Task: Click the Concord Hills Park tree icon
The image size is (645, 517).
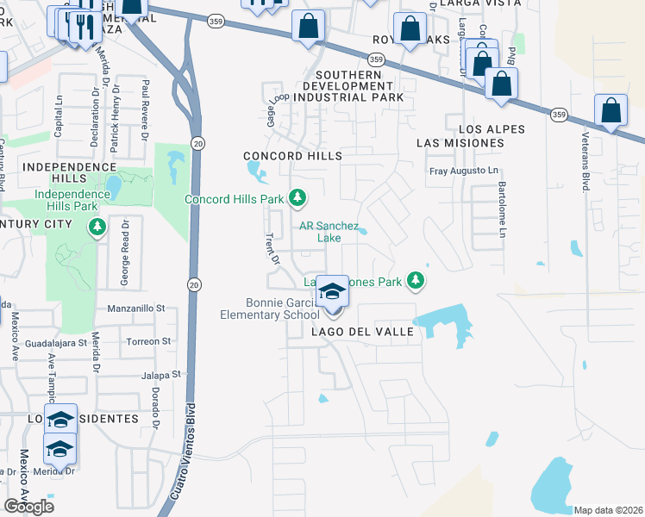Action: [297, 199]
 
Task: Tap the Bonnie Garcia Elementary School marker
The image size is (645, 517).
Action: [331, 293]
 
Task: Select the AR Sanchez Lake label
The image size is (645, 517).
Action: [329, 231]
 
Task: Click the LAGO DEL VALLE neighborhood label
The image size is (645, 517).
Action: [355, 332]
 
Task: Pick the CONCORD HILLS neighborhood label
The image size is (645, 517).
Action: [292, 156]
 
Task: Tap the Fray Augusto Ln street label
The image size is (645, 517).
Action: [464, 171]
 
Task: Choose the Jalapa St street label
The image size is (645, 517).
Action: [163, 375]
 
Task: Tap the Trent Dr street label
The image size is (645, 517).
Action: [273, 248]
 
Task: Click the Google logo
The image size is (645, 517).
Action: [28, 506]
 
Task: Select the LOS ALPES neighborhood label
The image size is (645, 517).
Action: [470, 128]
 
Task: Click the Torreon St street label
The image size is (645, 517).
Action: [142, 341]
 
